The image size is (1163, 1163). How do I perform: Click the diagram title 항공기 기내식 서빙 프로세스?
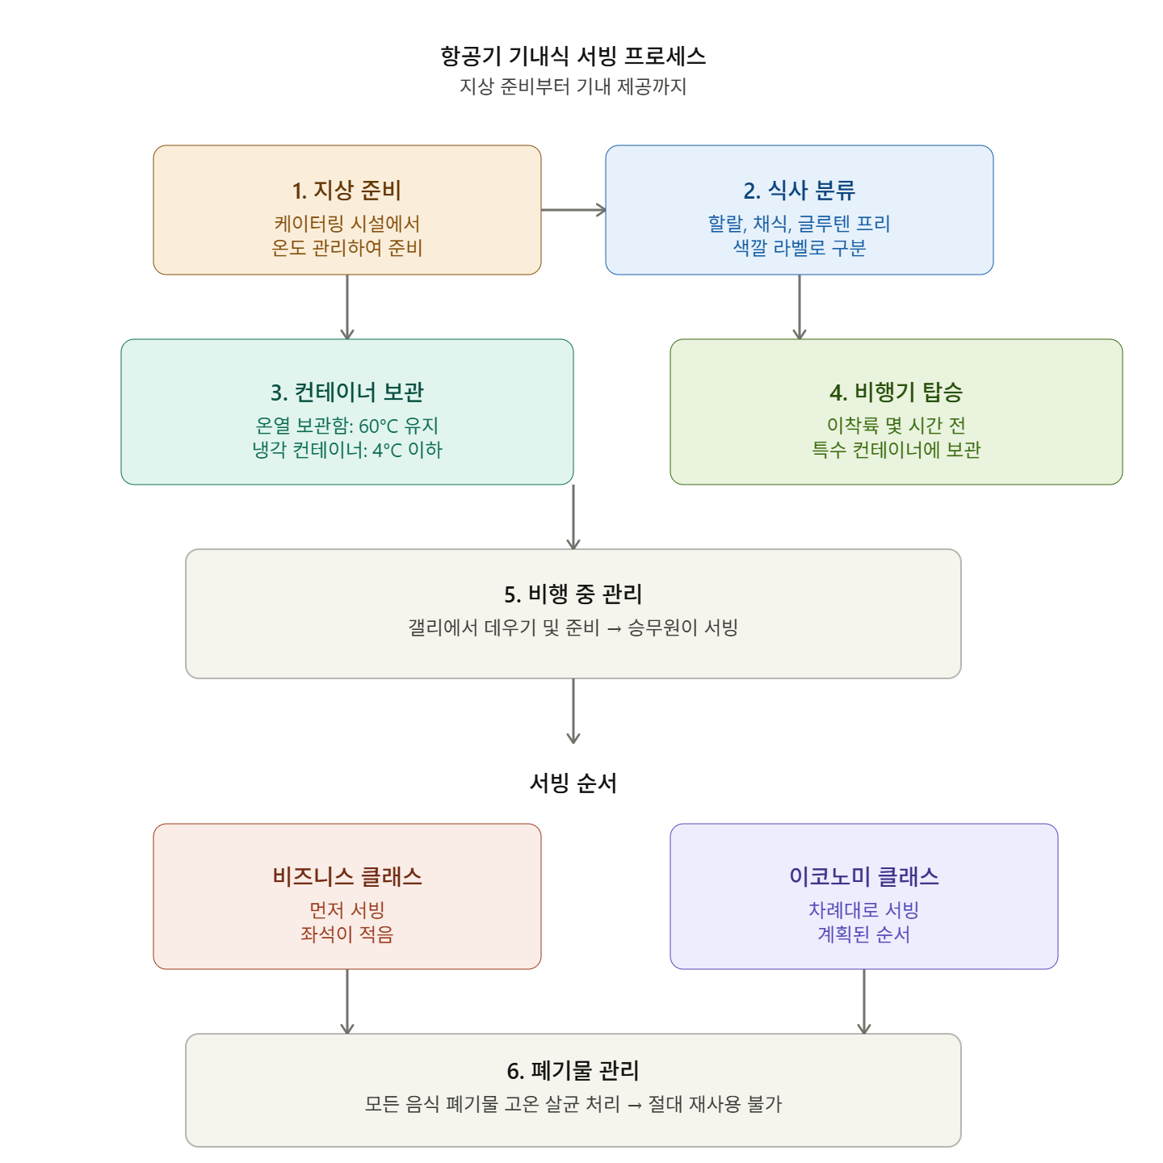tap(572, 56)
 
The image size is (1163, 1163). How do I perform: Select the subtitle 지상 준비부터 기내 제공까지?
tap(572, 86)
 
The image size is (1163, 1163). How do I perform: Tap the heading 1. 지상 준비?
tap(346, 190)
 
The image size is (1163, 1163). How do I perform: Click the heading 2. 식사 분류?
tap(799, 190)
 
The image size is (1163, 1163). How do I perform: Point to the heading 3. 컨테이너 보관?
tap(346, 392)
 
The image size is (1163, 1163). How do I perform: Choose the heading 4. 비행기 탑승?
tap(896, 392)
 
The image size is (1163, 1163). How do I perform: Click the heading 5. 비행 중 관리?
tap(572, 594)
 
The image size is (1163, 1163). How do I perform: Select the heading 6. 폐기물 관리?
tap(572, 1070)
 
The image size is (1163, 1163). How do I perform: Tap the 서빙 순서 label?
tap(572, 782)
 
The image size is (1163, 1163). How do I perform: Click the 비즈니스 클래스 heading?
tap(346, 875)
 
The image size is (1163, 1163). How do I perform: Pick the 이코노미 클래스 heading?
tap(863, 875)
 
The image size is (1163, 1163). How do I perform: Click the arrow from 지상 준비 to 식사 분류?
tap(573, 210)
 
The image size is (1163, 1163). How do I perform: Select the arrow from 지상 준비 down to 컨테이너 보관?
tap(347, 307)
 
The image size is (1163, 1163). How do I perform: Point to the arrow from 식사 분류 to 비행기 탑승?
tap(799, 307)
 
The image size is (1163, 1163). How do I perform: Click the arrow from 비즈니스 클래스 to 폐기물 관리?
tap(347, 1001)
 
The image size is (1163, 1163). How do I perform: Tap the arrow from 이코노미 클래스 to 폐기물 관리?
tap(863, 1001)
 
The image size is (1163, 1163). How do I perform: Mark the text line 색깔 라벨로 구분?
tap(799, 247)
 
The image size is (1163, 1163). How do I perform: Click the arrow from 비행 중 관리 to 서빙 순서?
tap(573, 711)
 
